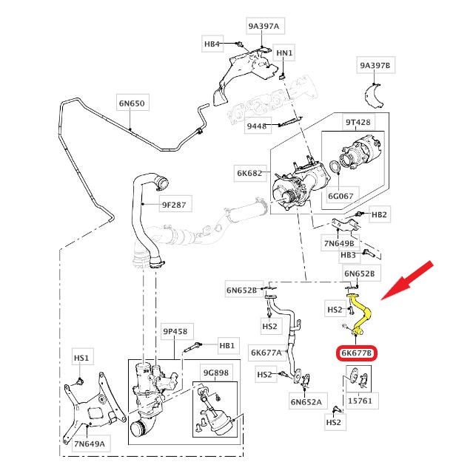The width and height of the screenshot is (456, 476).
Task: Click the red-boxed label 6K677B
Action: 358,353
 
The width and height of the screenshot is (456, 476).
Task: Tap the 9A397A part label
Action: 264,27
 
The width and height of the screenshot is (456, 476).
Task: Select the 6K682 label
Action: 249,173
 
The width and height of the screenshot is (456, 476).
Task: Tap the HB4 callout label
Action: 212,44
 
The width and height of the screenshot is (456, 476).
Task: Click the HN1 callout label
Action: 285,53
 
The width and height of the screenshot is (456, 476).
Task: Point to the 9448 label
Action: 257,126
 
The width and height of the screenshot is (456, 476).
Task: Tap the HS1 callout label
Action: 81,358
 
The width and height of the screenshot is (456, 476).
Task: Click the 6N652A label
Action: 304,402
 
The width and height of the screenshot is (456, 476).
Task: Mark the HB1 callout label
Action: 227,345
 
